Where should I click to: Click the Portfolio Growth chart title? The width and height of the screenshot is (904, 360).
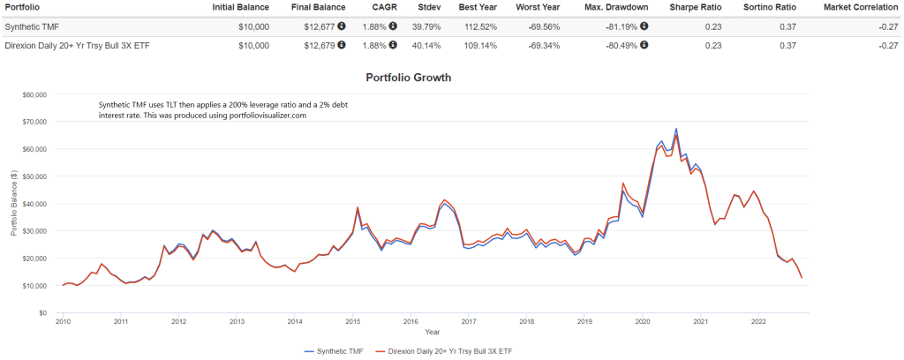click(x=408, y=78)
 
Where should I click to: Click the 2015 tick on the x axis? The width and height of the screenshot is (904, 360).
click(x=352, y=322)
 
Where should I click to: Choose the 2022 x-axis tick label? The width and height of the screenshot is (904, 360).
click(x=758, y=322)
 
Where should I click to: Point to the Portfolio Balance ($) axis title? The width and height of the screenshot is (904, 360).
click(x=14, y=204)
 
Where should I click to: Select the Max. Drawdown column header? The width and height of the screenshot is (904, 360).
click(x=616, y=7)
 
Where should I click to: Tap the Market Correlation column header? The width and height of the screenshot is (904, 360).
click(x=860, y=7)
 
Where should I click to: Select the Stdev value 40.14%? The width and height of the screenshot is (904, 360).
click(x=427, y=43)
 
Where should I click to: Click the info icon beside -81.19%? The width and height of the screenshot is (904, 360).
click(x=644, y=26)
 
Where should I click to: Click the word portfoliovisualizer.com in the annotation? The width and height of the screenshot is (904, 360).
click(x=261, y=116)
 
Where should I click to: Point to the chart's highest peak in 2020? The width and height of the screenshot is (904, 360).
click(x=676, y=129)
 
